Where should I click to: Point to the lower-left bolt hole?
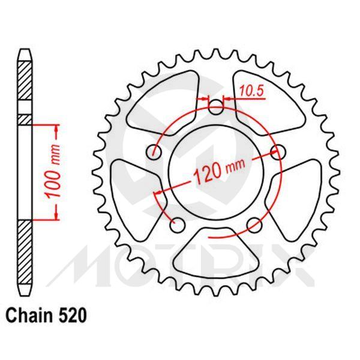pos(177,225)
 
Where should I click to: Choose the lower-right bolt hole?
pos(254,225)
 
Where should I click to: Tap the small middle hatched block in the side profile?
pos(23,119)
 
